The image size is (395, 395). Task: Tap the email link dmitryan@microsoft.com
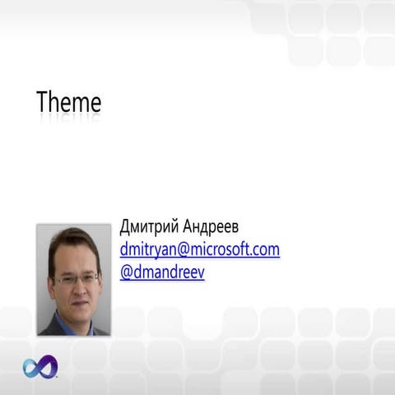point(200,249)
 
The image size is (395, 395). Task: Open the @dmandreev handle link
point(162,271)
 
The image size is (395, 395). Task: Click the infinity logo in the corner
point(39,367)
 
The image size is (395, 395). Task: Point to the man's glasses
point(76,280)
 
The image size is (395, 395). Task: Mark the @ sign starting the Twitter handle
point(126,271)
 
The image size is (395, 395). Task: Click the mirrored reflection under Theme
point(69,120)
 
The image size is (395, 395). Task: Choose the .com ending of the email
point(265,249)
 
